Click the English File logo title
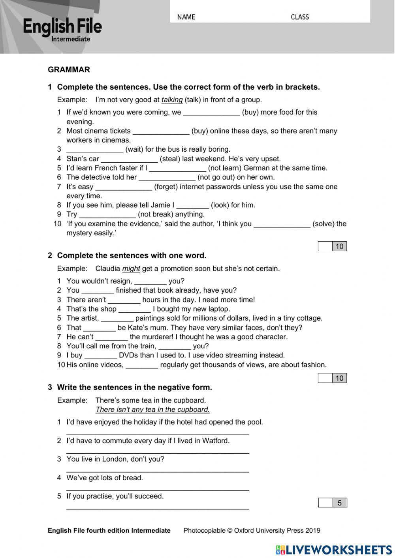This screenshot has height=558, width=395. [62, 26]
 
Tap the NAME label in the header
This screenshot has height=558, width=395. [186, 17]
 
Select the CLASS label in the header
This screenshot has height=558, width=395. [299, 17]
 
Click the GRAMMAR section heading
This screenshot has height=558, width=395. [69, 70]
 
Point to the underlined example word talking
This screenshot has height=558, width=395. [172, 100]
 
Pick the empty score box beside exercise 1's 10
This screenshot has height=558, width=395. [325, 246]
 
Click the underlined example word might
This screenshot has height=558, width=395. [131, 269]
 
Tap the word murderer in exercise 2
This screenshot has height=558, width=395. [151, 337]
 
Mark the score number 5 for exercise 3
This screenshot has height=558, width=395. [339, 503]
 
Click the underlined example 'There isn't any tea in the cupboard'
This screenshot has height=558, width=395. [152, 410]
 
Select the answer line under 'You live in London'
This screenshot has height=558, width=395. [158, 470]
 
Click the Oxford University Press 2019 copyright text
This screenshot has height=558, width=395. [252, 530]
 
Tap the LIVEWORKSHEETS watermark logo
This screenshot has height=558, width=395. [334, 550]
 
